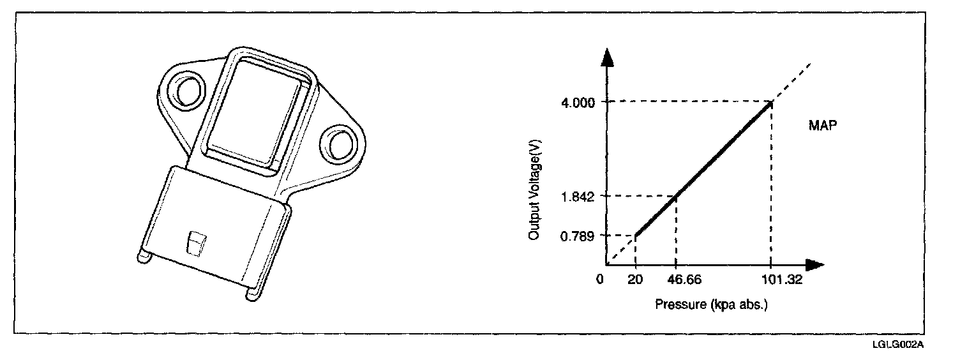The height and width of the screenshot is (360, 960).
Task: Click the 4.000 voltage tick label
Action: click(x=578, y=103)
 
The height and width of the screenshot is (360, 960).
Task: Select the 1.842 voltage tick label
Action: click(x=578, y=197)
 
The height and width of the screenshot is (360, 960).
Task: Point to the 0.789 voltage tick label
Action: click(x=578, y=236)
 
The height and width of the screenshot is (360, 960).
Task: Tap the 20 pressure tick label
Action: click(x=635, y=280)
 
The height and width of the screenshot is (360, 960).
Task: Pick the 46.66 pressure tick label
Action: click(x=684, y=280)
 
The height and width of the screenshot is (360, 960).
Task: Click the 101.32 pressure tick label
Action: click(x=782, y=280)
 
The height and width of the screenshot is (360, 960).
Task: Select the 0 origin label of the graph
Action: click(x=600, y=280)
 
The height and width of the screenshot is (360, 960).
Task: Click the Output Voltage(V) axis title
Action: click(x=534, y=190)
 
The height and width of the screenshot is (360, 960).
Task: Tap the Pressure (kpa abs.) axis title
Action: click(x=712, y=304)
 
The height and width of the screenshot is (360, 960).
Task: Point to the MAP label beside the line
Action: click(x=822, y=125)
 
